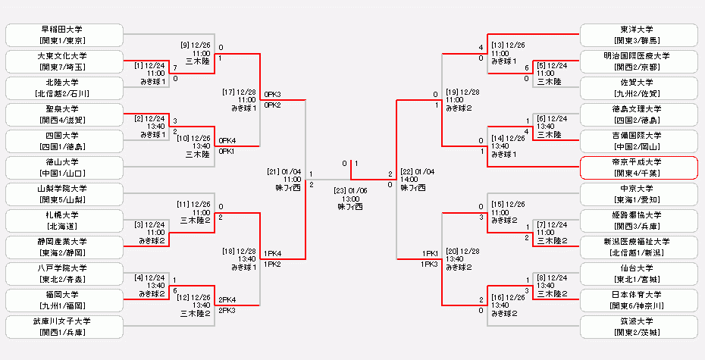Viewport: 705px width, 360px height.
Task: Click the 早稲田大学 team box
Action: click(64, 34)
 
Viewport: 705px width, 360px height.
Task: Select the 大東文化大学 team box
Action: click(64, 61)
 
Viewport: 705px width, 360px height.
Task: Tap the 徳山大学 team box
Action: click(64, 167)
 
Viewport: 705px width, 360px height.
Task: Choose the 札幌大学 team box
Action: click(64, 220)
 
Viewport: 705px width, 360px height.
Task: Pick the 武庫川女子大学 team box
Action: click(64, 327)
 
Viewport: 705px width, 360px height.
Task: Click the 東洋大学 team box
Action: click(638, 34)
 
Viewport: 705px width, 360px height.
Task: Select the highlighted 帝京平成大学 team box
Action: click(638, 167)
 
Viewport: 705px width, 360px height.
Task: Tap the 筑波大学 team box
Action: click(638, 327)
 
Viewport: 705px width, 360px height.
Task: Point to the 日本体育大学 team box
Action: click(638, 300)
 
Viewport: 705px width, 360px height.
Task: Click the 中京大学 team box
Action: click(638, 194)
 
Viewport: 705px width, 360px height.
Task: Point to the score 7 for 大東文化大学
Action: click(175, 67)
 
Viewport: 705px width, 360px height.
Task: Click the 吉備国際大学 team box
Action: click(638, 140)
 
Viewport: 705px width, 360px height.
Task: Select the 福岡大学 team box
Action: click(64, 300)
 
